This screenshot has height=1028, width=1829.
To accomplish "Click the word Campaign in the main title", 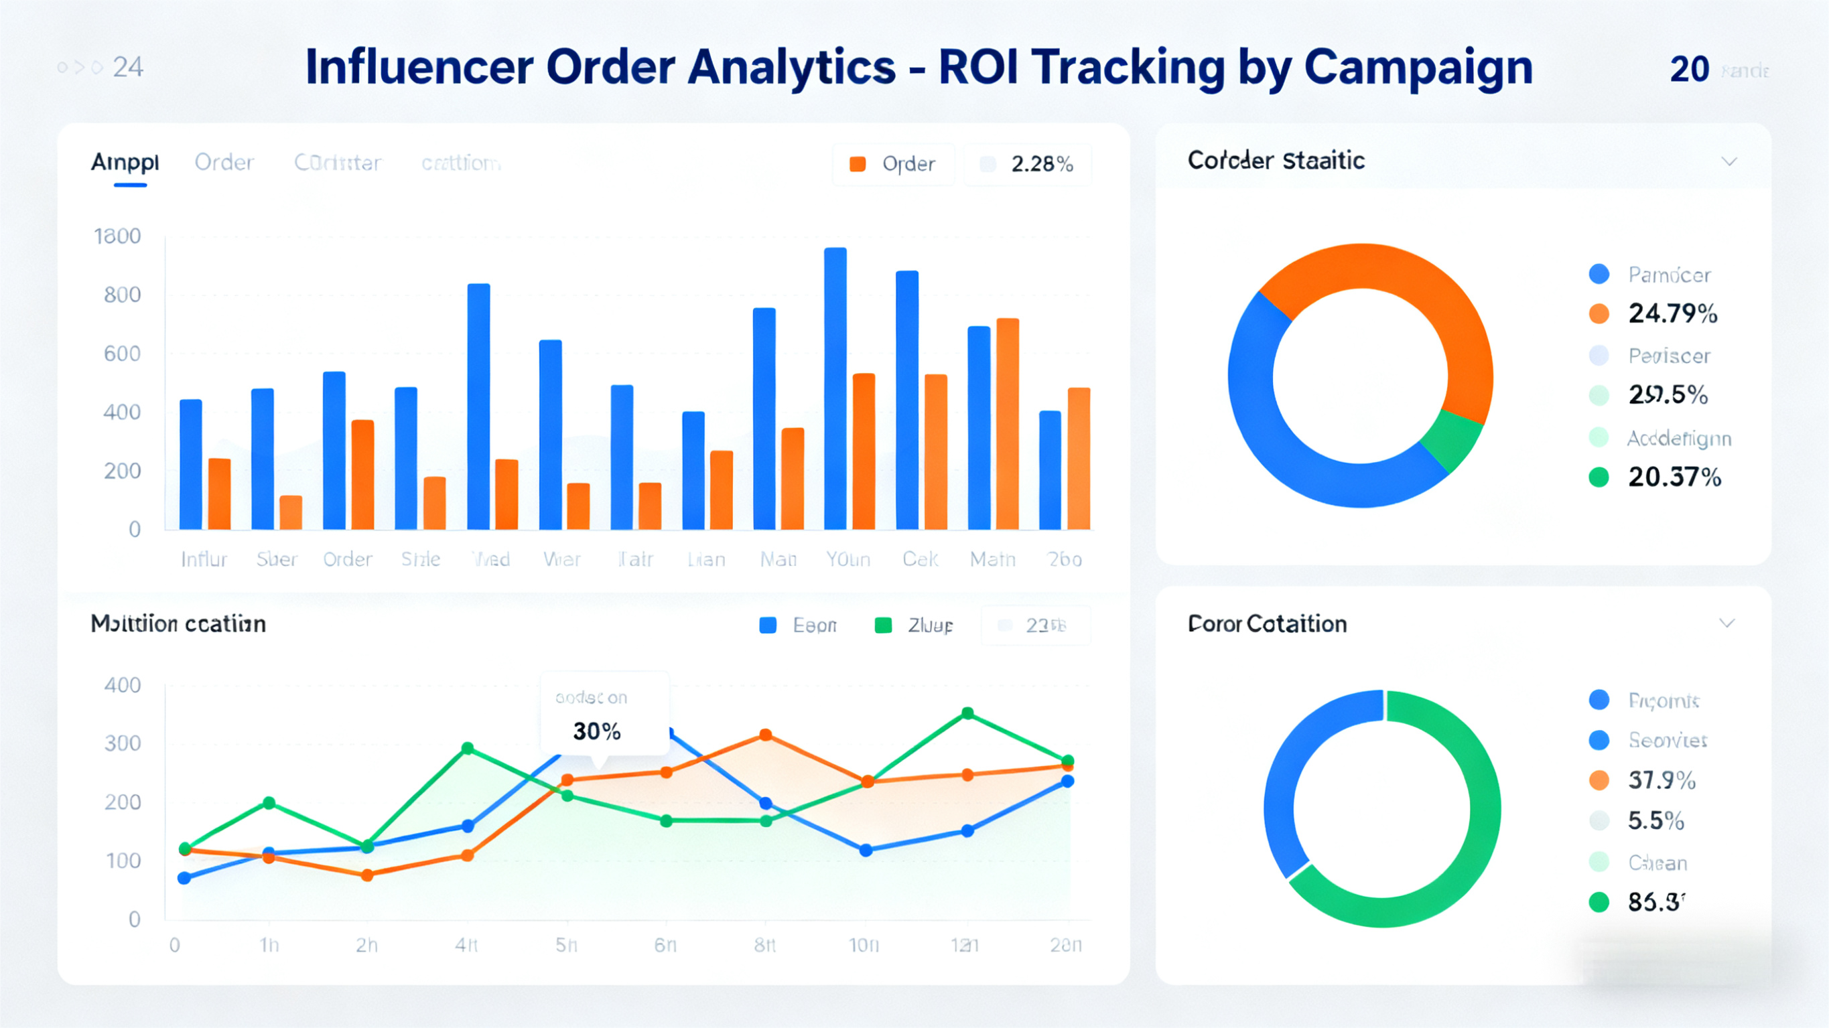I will coord(1418,68).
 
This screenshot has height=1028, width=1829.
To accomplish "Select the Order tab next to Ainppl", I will coord(224,163).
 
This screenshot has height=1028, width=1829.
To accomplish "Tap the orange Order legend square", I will coord(858,164).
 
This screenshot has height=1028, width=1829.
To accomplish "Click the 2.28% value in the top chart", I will coord(1042,164).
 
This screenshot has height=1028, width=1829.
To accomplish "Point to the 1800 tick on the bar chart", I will coord(117,236).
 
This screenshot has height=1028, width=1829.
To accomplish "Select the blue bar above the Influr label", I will coord(191,464).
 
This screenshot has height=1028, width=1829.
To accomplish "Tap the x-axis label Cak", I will coord(920,559).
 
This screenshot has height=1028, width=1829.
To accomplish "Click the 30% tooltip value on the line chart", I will coord(596,731).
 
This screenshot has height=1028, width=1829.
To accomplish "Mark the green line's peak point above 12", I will coord(967,713).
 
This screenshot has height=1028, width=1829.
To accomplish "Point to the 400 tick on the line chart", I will coord(122,685).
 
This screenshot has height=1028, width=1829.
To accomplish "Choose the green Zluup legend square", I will coord(883,626).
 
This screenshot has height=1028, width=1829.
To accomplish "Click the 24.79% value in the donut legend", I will coord(1673,313).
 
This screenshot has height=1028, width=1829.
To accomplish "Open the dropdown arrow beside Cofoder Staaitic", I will coord(1730,162).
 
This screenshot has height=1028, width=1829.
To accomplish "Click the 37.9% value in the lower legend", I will coord(1662,780).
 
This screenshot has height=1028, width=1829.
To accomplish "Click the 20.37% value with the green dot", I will coord(1674,477).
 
